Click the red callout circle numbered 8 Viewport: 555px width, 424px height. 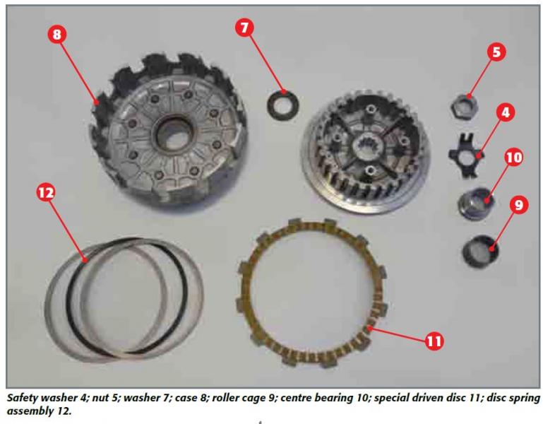click(x=56, y=35)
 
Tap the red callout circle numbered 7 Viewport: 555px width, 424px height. click(x=244, y=28)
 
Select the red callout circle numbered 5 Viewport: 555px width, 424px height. click(x=496, y=52)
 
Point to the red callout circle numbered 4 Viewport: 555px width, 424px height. click(x=506, y=112)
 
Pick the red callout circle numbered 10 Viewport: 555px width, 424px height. click(x=513, y=158)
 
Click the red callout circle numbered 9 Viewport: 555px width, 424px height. click(x=518, y=205)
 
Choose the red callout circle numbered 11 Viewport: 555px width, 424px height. click(x=434, y=341)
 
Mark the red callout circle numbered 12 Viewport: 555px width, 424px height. click(x=46, y=193)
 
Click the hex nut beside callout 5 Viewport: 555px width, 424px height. click(x=464, y=105)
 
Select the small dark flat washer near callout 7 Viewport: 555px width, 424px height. click(x=282, y=105)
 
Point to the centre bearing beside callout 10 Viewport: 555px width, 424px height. click(x=475, y=203)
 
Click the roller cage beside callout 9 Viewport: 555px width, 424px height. click(x=480, y=251)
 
